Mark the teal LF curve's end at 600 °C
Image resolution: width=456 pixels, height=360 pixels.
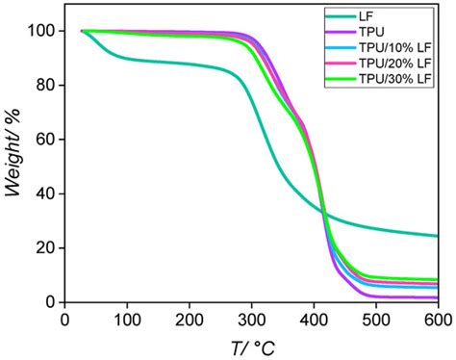click(437, 236)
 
